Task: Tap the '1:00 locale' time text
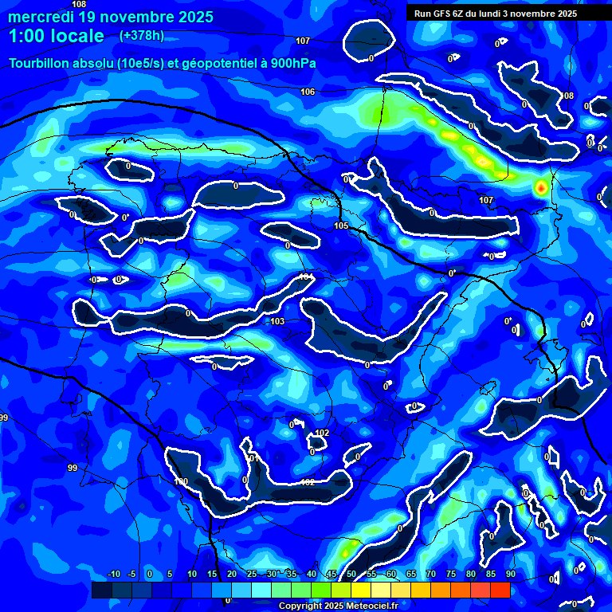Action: coord(57,36)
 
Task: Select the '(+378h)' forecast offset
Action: coord(142,36)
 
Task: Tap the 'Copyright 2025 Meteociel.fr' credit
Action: coord(338,606)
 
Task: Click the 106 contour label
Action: coord(308,92)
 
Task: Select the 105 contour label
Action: coord(341,226)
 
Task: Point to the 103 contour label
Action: coord(277,322)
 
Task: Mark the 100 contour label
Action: coord(181,481)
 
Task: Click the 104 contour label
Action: coord(306,277)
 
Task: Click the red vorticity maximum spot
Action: coord(541,188)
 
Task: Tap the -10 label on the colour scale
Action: coord(113,574)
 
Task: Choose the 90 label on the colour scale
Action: coord(510,574)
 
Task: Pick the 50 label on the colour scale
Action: coord(351,574)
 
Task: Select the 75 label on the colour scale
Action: coord(450,574)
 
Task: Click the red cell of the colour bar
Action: coord(500,590)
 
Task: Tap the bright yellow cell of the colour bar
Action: coord(360,590)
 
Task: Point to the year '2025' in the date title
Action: coord(190,17)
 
